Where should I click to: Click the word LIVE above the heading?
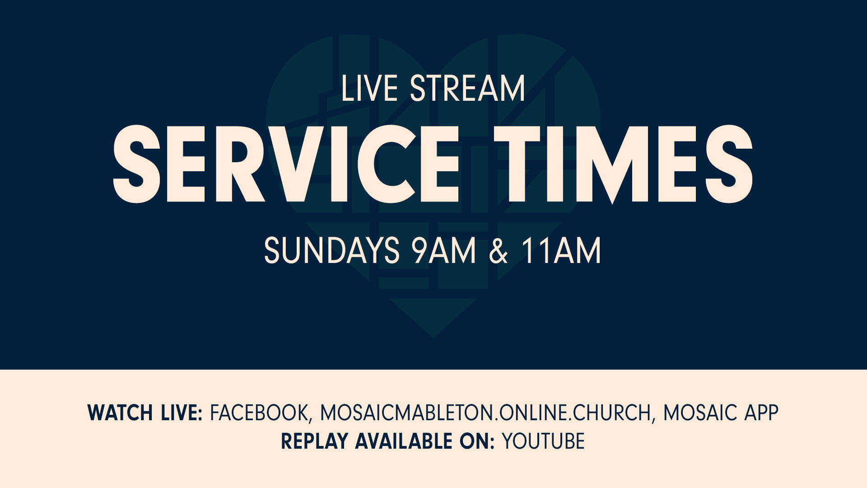click(x=369, y=89)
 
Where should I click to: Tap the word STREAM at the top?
click(x=468, y=89)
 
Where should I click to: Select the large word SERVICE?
click(x=286, y=164)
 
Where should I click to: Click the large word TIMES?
click(x=624, y=164)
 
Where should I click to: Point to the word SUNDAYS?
click(x=332, y=250)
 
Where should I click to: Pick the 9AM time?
click(x=444, y=250)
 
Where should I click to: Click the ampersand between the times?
click(x=499, y=251)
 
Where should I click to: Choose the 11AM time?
click(x=561, y=250)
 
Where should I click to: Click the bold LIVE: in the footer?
click(x=182, y=413)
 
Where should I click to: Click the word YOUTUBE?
click(x=543, y=441)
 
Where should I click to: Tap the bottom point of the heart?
click(x=433, y=337)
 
